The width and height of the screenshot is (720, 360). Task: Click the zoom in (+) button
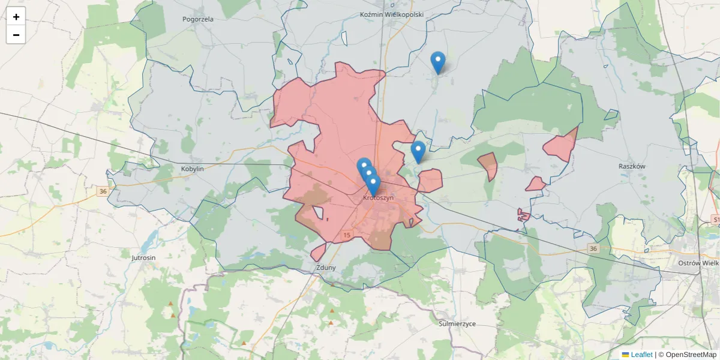16,17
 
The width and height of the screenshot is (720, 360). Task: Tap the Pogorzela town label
198,19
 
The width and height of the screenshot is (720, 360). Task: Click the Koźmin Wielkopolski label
392,14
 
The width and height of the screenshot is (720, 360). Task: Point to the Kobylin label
193,169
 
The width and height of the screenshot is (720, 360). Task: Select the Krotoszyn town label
379,198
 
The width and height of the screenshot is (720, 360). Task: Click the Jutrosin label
143,257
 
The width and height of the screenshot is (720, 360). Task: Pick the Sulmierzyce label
457,324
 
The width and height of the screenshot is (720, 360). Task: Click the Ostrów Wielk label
698,263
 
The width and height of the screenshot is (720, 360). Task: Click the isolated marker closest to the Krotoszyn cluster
418,152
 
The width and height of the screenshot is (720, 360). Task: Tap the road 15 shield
347,235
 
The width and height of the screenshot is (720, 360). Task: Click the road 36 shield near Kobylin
103,191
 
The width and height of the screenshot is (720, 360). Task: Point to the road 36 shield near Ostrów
593,248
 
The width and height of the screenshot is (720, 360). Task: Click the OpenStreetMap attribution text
687,355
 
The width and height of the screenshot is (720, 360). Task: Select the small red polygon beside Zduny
318,252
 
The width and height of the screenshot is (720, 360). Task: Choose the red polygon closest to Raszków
561,146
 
